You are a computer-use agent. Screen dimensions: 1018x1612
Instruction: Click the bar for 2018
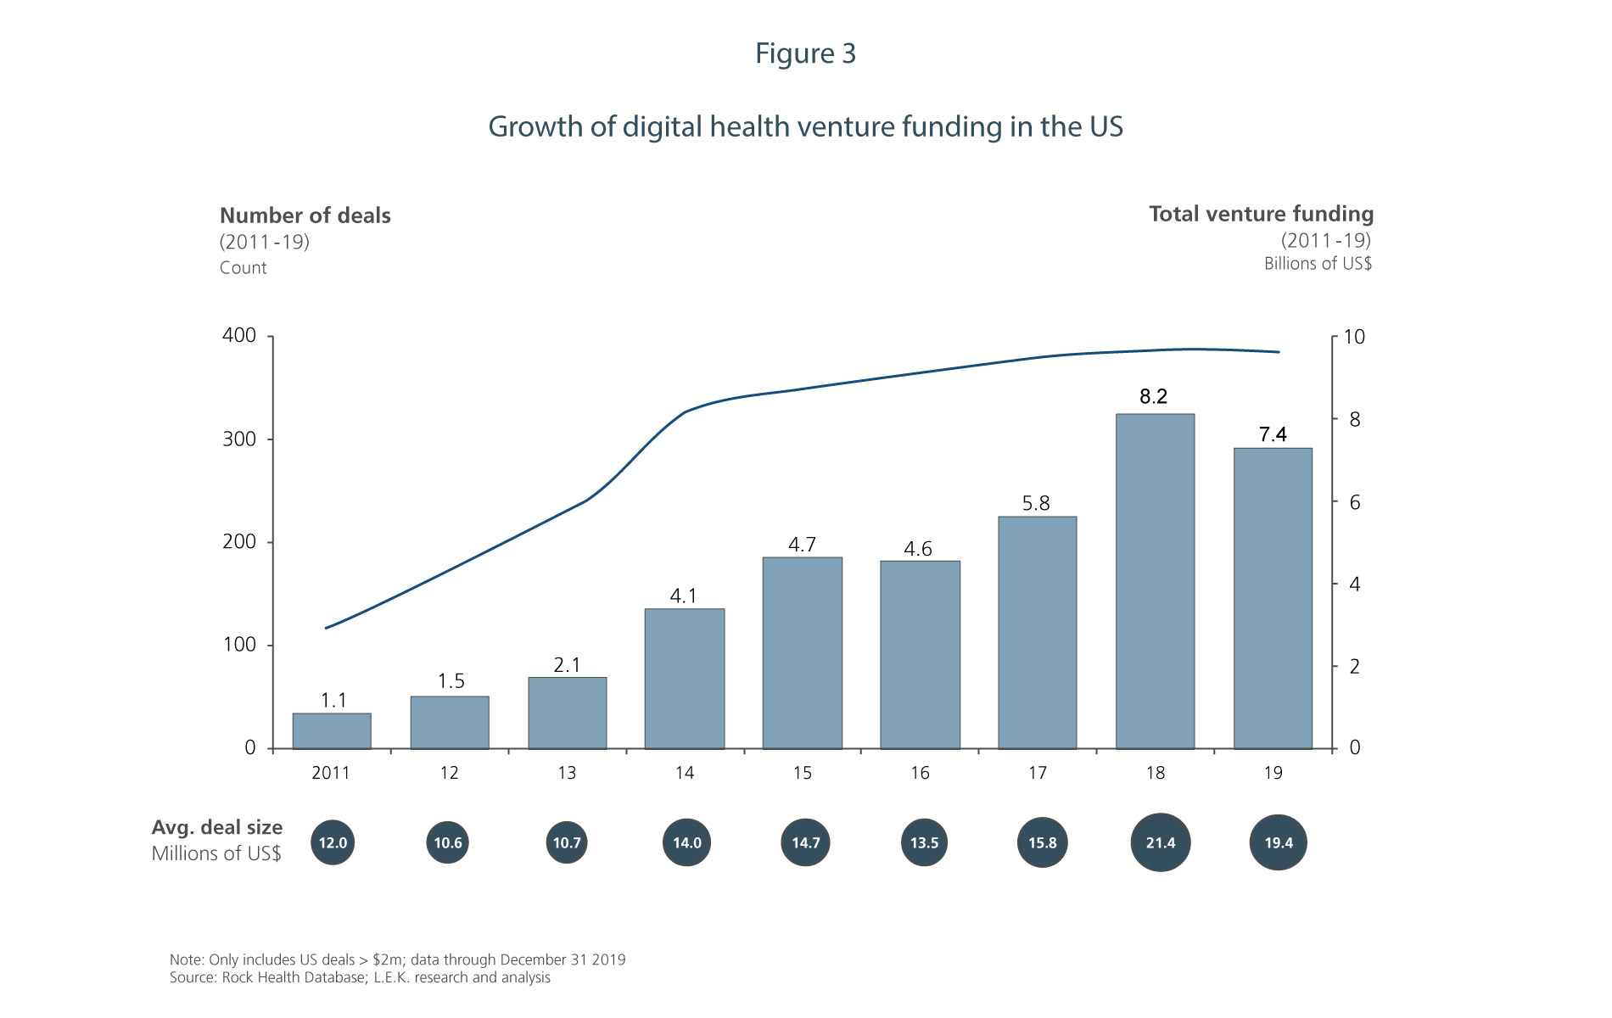pyautogui.click(x=1155, y=581)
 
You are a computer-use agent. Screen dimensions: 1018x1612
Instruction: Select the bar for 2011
pyautogui.click(x=332, y=731)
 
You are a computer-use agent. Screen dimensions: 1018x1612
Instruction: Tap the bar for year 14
pyautogui.click(x=685, y=679)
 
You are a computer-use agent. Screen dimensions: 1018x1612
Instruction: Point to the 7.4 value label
pyautogui.click(x=1273, y=434)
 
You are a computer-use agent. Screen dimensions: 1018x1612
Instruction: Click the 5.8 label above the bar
pyautogui.click(x=1036, y=503)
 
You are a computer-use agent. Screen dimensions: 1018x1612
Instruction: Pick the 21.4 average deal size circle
pyautogui.click(x=1161, y=842)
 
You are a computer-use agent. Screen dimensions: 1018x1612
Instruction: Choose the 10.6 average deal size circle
pyautogui.click(x=448, y=842)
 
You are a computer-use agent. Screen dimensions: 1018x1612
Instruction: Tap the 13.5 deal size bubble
pyautogui.click(x=924, y=842)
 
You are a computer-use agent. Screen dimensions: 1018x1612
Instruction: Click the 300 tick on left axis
pyautogui.click(x=239, y=439)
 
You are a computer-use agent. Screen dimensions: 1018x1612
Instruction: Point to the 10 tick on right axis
pyautogui.click(x=1355, y=337)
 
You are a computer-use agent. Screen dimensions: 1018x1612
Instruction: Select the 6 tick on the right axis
pyautogui.click(x=1355, y=502)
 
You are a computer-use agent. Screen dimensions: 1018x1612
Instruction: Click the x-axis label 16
pyautogui.click(x=920, y=773)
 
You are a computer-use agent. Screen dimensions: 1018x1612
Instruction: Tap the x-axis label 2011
pyautogui.click(x=331, y=773)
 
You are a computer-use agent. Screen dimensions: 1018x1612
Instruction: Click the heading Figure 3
pyautogui.click(x=805, y=53)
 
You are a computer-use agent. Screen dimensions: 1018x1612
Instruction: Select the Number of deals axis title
pyautogui.click(x=305, y=215)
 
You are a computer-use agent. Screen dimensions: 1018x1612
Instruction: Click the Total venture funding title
pyautogui.click(x=1261, y=214)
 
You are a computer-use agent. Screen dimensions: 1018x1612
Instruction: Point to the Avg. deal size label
pyautogui.click(x=217, y=827)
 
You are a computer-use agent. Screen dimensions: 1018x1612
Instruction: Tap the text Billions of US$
pyautogui.click(x=1318, y=264)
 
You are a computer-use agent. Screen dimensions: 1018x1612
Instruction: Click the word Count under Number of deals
pyautogui.click(x=243, y=268)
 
